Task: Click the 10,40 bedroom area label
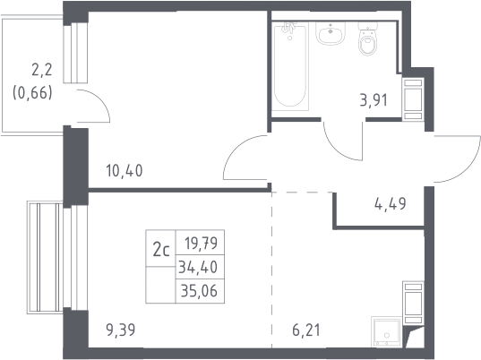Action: [x=125, y=171]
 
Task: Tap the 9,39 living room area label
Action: [x=121, y=330]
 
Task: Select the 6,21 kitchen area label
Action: [x=306, y=330]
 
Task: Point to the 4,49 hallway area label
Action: [x=391, y=203]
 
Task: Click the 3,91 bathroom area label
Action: [x=374, y=100]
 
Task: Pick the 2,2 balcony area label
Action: [x=42, y=70]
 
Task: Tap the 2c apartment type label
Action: [x=161, y=250]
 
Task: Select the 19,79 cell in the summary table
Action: [x=201, y=243]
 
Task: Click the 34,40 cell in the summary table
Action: [x=198, y=267]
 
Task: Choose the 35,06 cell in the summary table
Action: [x=199, y=291]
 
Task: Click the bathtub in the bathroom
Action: [x=290, y=66]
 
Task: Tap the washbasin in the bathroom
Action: [x=331, y=33]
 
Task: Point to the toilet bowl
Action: [x=368, y=39]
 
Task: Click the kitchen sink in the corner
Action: [x=387, y=332]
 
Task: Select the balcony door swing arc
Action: [x=100, y=99]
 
